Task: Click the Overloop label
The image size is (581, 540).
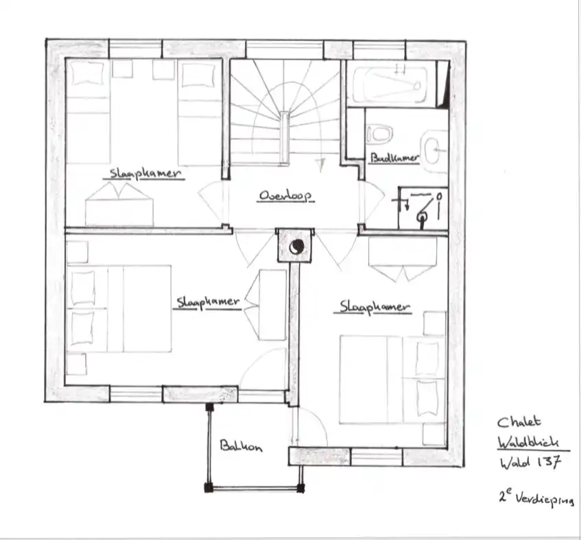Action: pyautogui.click(x=285, y=196)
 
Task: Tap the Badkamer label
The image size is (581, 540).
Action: pyautogui.click(x=395, y=158)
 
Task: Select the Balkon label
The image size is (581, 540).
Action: pyautogui.click(x=241, y=445)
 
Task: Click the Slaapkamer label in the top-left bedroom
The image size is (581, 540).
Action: pyautogui.click(x=145, y=173)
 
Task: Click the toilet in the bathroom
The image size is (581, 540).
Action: pyautogui.click(x=379, y=134)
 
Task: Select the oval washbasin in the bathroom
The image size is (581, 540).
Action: pyautogui.click(x=432, y=151)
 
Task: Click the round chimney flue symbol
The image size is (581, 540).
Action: pyautogui.click(x=297, y=247)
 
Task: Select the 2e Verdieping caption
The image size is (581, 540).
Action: pyautogui.click(x=536, y=497)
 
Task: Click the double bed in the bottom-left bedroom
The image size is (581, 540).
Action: pyautogui.click(x=119, y=308)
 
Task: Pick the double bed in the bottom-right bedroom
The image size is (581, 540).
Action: pyautogui.click(x=392, y=379)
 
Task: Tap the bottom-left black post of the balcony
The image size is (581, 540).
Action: pyautogui.click(x=209, y=488)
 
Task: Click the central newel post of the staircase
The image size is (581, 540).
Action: pyautogui.click(x=284, y=138)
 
